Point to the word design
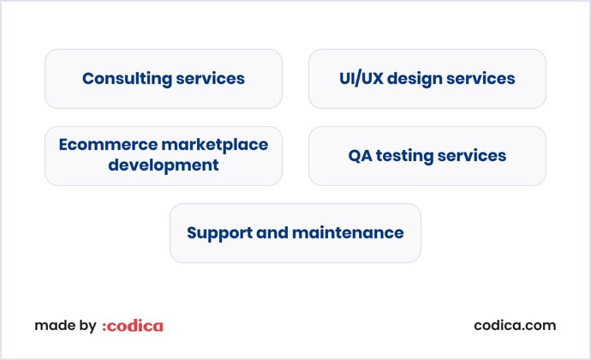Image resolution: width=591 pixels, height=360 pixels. pyautogui.click(x=415, y=79)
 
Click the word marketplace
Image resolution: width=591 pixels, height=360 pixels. pyautogui.click(x=215, y=145)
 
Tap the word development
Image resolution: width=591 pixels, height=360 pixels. pyautogui.click(x=163, y=165)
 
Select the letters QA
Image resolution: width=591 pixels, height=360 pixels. pyautogui.click(x=359, y=156)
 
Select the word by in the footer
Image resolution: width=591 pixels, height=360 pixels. pyautogui.click(x=87, y=326)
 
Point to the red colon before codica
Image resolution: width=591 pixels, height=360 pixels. pyautogui.click(x=104, y=327)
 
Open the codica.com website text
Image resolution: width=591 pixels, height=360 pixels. pyautogui.click(x=515, y=326)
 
